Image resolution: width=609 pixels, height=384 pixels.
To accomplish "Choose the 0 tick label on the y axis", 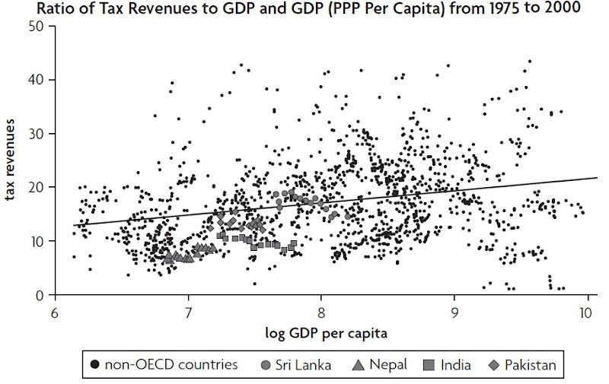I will [39, 295].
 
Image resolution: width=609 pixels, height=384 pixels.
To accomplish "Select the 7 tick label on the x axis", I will [188, 313].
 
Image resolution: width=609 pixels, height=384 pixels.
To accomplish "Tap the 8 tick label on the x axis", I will [321, 313].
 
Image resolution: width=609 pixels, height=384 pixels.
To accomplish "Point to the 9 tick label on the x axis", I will [454, 313].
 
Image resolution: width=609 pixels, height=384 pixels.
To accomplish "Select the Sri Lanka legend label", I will [304, 365].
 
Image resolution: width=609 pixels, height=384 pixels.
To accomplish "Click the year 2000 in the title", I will [580, 8].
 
